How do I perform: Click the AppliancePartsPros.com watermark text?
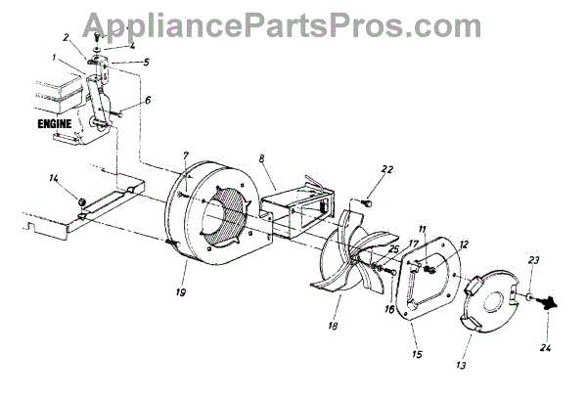click(x=293, y=24)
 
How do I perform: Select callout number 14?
click(x=53, y=179)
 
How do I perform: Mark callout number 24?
click(x=544, y=346)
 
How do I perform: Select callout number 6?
click(x=149, y=100)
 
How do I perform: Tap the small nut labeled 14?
click(x=80, y=202)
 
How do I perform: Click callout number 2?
click(x=67, y=39)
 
